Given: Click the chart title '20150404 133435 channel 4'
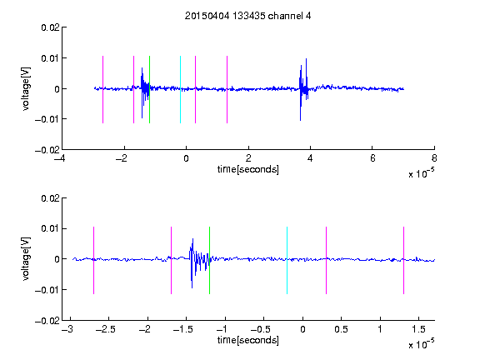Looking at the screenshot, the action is click(x=247, y=16).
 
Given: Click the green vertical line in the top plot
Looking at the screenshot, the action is click(x=149, y=89).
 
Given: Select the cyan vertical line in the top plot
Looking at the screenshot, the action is click(x=180, y=89).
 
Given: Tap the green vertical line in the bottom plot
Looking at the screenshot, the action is click(x=209, y=260).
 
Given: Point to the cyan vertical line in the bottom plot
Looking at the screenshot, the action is click(x=287, y=260).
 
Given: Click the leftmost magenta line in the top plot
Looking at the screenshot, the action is click(x=102, y=89).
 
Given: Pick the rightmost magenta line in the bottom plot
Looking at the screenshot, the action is click(x=403, y=260).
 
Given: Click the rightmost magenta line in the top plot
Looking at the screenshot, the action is click(x=227, y=89).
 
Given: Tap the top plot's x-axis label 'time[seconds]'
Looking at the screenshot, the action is click(x=248, y=169).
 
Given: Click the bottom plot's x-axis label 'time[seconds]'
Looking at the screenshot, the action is click(x=248, y=340).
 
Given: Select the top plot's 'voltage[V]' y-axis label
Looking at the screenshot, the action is click(x=26, y=89).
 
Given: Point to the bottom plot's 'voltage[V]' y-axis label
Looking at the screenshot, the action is click(x=26, y=258).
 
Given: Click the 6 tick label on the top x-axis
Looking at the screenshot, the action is click(x=372, y=158).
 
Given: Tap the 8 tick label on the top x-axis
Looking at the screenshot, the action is click(x=434, y=158).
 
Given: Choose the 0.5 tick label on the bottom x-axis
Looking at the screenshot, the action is click(x=341, y=329).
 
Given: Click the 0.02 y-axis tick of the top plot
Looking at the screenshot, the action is click(x=50, y=27).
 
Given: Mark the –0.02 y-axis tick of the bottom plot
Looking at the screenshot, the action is click(x=47, y=321).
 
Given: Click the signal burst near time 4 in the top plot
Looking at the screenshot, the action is click(x=303, y=89).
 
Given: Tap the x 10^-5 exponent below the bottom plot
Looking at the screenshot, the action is click(x=421, y=344).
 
